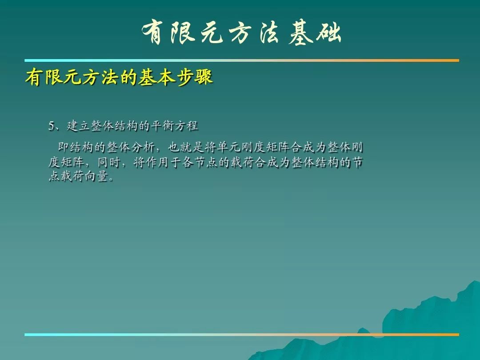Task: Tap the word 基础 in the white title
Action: click(x=315, y=32)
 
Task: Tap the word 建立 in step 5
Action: click(x=78, y=126)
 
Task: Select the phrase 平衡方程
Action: click(x=175, y=126)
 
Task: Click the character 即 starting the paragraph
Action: click(x=63, y=147)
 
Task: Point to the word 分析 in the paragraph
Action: click(x=143, y=147)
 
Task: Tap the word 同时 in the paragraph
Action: click(x=108, y=162)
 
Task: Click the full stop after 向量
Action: click(x=111, y=180)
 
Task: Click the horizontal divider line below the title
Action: click(x=242, y=60)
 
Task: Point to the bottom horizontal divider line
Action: click(x=242, y=335)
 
